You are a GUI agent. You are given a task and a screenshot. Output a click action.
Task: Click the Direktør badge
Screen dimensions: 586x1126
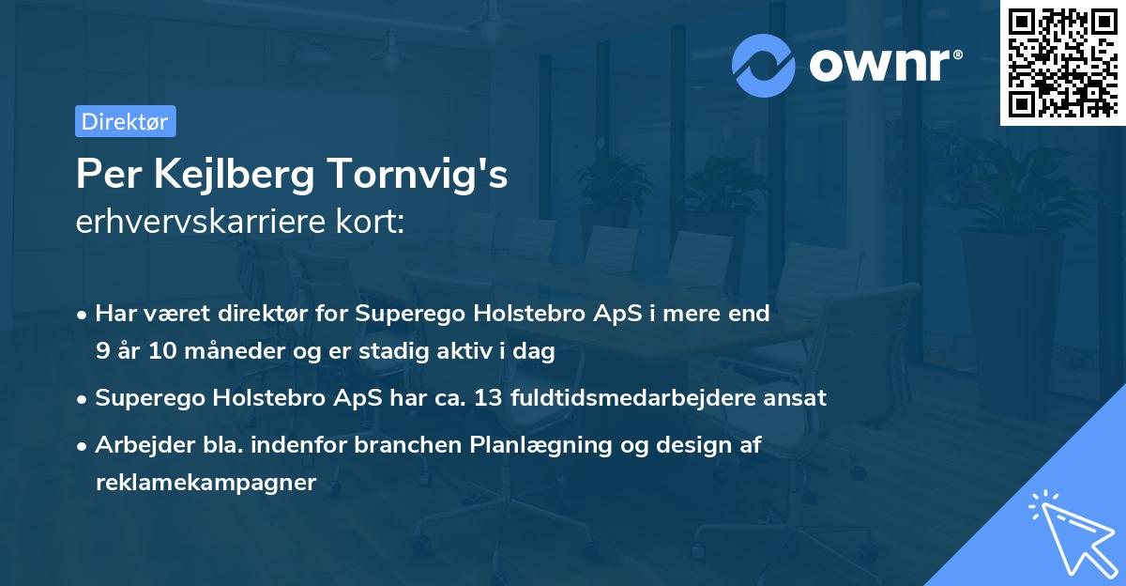click(x=125, y=121)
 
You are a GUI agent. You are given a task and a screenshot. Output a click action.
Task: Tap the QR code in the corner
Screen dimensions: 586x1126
click(x=1062, y=62)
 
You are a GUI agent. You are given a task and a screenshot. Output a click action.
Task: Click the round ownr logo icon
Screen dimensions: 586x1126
click(x=764, y=65)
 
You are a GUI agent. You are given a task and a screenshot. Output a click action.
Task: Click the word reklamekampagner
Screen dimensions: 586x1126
click(x=206, y=483)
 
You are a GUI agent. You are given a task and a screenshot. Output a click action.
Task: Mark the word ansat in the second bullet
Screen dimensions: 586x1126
click(x=796, y=397)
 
